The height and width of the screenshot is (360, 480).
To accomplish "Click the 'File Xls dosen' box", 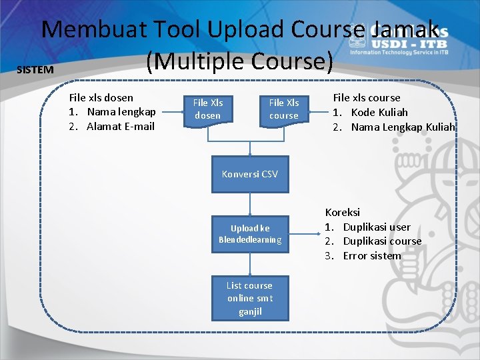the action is [208, 109].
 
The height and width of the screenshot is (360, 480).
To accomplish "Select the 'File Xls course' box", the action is [284, 109].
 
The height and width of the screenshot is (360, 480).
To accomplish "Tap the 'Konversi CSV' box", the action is [250, 174].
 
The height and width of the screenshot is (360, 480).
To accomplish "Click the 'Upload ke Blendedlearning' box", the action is [250, 234].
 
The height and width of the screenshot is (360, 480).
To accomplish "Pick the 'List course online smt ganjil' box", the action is [250, 298].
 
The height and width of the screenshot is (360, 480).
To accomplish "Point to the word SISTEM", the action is [35, 70].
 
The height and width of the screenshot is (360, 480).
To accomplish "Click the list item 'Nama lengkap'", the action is [121, 112].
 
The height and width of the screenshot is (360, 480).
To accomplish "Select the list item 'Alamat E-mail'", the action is [121, 127].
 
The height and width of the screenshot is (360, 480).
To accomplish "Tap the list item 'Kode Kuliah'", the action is [379, 112].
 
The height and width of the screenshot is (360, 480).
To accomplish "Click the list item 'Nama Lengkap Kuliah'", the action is [403, 127].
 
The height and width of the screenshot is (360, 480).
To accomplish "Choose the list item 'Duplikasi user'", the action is [377, 227].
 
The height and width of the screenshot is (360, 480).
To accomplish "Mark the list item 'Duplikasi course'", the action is [382, 241].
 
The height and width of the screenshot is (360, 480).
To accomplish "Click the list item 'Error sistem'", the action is [372, 255].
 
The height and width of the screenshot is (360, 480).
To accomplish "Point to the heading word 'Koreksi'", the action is [343, 212].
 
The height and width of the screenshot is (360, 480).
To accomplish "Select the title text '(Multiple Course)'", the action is [240, 61].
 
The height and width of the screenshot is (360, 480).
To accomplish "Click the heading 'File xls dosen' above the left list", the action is [101, 97].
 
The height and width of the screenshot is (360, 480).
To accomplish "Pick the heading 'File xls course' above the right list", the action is [367, 97].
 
